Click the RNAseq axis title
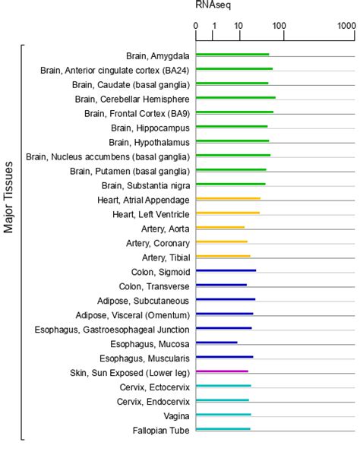(213, 5)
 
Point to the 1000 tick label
(347, 26)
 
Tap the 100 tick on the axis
(279, 26)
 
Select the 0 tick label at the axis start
(196, 26)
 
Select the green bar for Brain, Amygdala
(232, 55)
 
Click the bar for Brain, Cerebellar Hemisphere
(235, 98)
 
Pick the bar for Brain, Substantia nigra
(231, 185)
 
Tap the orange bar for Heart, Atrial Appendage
(228, 199)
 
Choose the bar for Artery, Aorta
(220, 228)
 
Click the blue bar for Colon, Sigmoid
(226, 271)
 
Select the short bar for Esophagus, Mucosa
(216, 343)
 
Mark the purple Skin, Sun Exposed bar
(222, 371)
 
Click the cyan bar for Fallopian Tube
(223, 429)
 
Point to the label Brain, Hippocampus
(148, 127)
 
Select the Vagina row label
(176, 415)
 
